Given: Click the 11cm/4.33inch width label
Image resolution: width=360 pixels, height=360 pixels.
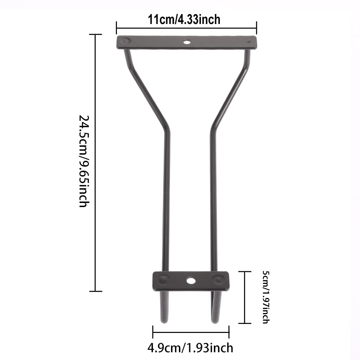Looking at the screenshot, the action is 184,19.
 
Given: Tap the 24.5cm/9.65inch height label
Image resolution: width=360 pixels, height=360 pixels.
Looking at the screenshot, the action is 84,161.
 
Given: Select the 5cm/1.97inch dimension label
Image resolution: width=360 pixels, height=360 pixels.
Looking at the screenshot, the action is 266,297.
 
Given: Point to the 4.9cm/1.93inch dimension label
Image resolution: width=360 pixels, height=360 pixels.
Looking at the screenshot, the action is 190,348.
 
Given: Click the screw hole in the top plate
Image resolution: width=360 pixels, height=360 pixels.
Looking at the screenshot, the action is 187,42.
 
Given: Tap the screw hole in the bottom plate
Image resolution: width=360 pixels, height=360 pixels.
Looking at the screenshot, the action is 191,280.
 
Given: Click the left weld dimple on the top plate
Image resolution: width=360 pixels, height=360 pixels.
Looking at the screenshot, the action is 125,41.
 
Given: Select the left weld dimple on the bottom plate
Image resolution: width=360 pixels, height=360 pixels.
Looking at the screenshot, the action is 163,280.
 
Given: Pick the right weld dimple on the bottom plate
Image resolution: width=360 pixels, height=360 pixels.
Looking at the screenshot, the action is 217,280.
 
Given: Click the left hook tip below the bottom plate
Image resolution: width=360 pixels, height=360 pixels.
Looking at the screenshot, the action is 164,321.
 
